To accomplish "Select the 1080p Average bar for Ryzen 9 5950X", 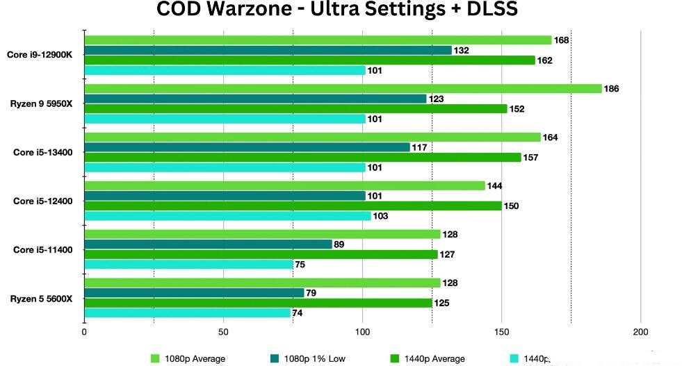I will [x=343, y=88].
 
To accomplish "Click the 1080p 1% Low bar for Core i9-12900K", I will [x=268, y=50].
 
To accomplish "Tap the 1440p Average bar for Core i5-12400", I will [x=293, y=206].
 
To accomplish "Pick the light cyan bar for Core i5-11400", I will [x=188, y=264].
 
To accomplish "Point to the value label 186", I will [x=612, y=89].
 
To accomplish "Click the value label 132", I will [x=462, y=51].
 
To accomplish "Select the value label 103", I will [x=381, y=217].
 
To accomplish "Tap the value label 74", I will [x=298, y=313].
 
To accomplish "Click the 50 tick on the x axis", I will [x=224, y=332].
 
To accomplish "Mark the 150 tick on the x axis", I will [x=502, y=332].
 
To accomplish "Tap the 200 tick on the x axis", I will [x=640, y=332].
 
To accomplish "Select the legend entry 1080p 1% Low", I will [x=310, y=359].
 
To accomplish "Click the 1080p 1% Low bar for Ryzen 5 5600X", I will [x=194, y=292].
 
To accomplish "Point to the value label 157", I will [x=531, y=158].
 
